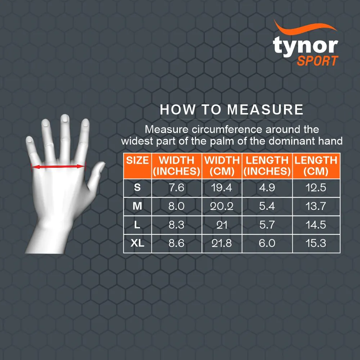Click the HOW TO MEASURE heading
[x=231, y=109]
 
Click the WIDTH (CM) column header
[x=222, y=166]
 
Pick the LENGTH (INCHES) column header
[x=267, y=166]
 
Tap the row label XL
[x=138, y=243]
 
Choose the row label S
[x=138, y=188]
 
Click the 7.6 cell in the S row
[x=176, y=188]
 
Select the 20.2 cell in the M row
[x=222, y=206]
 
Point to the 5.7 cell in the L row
[x=267, y=225]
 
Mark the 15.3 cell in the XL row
[x=316, y=243]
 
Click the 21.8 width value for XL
[x=222, y=243]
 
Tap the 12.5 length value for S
[x=316, y=188]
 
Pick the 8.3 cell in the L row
[x=176, y=225]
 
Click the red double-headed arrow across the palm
[x=58, y=166]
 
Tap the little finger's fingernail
[x=29, y=139]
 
